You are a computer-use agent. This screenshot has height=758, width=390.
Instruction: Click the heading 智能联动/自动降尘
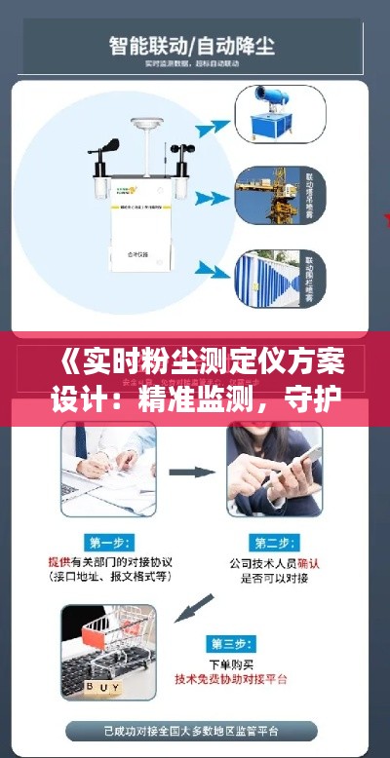pos(194,44)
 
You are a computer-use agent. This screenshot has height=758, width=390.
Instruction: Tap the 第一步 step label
pos(109,542)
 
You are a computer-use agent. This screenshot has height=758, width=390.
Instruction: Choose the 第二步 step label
pos(276,542)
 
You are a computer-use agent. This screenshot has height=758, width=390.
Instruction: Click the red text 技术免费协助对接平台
pos(236,679)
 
